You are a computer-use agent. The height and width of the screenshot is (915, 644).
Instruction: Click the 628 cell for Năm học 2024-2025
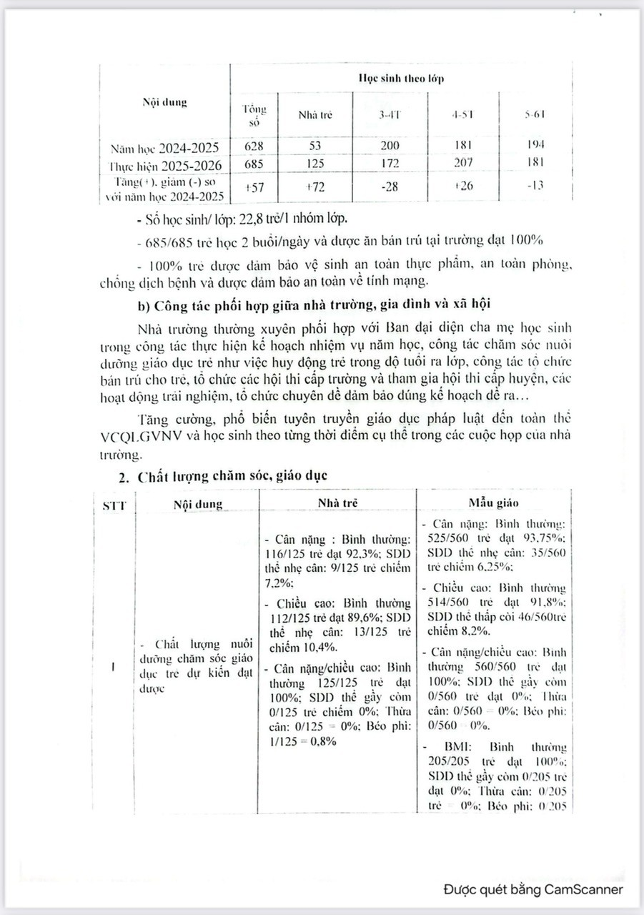tap(254, 147)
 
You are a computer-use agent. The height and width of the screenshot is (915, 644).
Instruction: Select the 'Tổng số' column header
tap(254, 115)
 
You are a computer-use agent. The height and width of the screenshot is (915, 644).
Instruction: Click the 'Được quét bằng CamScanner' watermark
tap(532, 889)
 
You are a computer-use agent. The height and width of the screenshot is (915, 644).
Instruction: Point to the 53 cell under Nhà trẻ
tap(314, 147)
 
